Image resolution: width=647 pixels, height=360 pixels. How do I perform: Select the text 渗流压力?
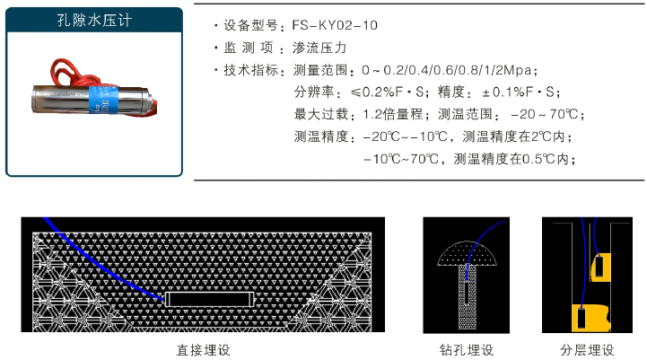click(x=319, y=48)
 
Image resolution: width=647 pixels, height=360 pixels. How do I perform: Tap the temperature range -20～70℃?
click(x=546, y=115)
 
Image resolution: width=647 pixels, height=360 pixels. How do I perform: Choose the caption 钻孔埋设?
click(x=467, y=349)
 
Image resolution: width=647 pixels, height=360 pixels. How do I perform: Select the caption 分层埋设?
click(x=587, y=349)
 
